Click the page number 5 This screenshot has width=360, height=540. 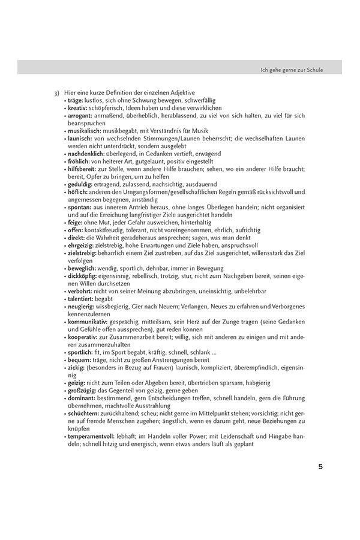(x=320, y=466)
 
